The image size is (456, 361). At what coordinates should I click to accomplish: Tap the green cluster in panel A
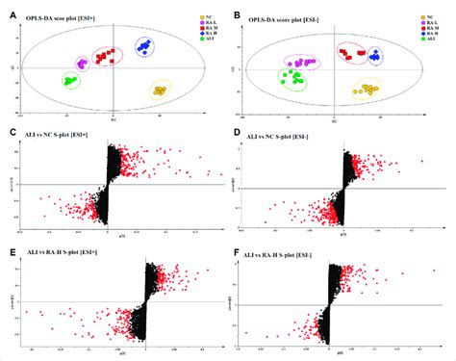(x=70, y=81)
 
